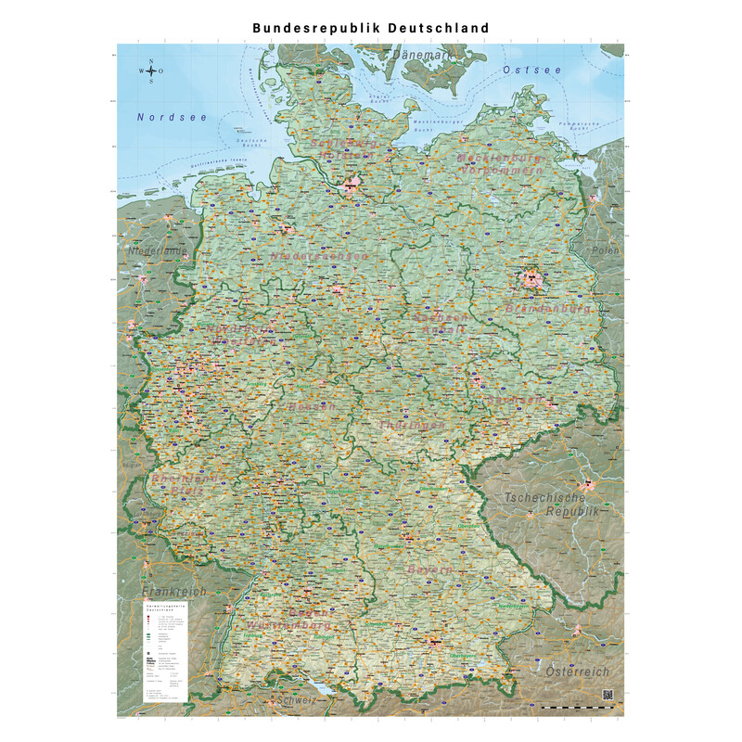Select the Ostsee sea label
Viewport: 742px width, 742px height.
(x=531, y=70)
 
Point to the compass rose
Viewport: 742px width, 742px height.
(x=151, y=71)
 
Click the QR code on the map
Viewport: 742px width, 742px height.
(x=608, y=695)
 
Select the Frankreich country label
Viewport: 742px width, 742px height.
(x=173, y=591)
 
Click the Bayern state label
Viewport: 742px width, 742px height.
(x=428, y=569)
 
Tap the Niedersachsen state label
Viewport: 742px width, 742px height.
(x=319, y=256)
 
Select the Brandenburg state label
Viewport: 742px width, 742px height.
(x=548, y=307)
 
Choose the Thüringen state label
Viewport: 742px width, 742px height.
(x=412, y=425)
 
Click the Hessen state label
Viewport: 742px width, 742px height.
(x=311, y=407)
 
